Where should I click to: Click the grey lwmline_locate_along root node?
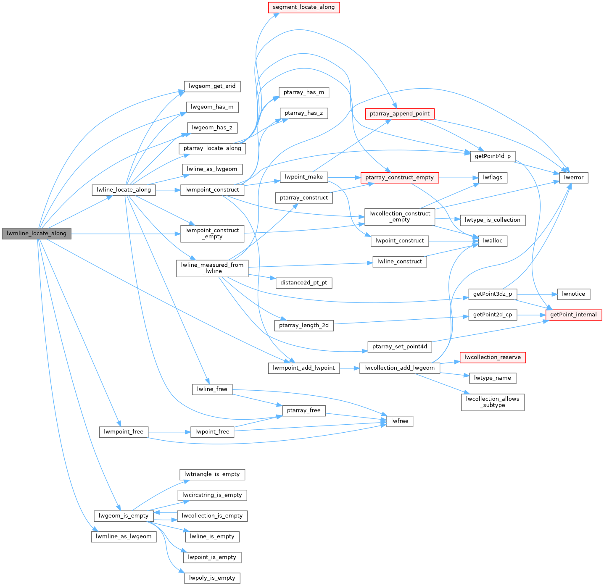tap(37, 234)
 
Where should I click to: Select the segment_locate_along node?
tap(303, 7)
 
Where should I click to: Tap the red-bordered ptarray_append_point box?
tap(399, 113)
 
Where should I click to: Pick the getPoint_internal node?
tap(573, 315)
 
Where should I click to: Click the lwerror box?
tap(573, 178)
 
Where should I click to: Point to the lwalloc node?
tap(493, 241)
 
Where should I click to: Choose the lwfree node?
tap(399, 421)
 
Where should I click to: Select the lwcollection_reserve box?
tap(493, 357)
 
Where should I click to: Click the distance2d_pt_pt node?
tap(303, 283)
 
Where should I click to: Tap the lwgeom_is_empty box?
tap(123, 515)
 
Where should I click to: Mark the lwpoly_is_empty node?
tap(212, 578)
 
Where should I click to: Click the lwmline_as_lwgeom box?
tap(123, 536)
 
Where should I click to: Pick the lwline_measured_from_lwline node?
tap(212, 268)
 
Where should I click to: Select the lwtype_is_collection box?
tap(493, 220)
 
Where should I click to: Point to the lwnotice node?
tap(573, 294)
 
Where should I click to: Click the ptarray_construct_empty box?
tap(399, 178)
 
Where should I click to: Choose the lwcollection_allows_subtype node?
tap(493, 402)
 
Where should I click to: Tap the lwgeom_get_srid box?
tap(212, 86)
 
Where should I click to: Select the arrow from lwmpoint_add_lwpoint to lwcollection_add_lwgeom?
tap(349, 368)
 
